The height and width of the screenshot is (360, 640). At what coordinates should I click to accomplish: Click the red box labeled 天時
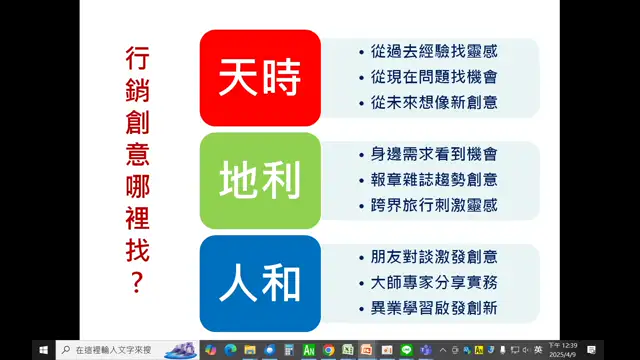(x=260, y=77)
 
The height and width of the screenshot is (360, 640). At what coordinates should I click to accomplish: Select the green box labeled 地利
(x=260, y=180)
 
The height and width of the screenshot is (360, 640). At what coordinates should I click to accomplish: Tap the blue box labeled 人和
(x=260, y=283)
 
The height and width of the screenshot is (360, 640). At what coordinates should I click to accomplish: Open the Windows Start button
(x=43, y=350)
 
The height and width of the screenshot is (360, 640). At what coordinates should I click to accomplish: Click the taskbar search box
(x=110, y=350)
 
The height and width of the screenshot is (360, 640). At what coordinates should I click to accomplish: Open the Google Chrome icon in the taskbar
(x=328, y=350)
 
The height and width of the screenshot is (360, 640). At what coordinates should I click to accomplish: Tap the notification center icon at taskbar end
(x=592, y=350)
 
